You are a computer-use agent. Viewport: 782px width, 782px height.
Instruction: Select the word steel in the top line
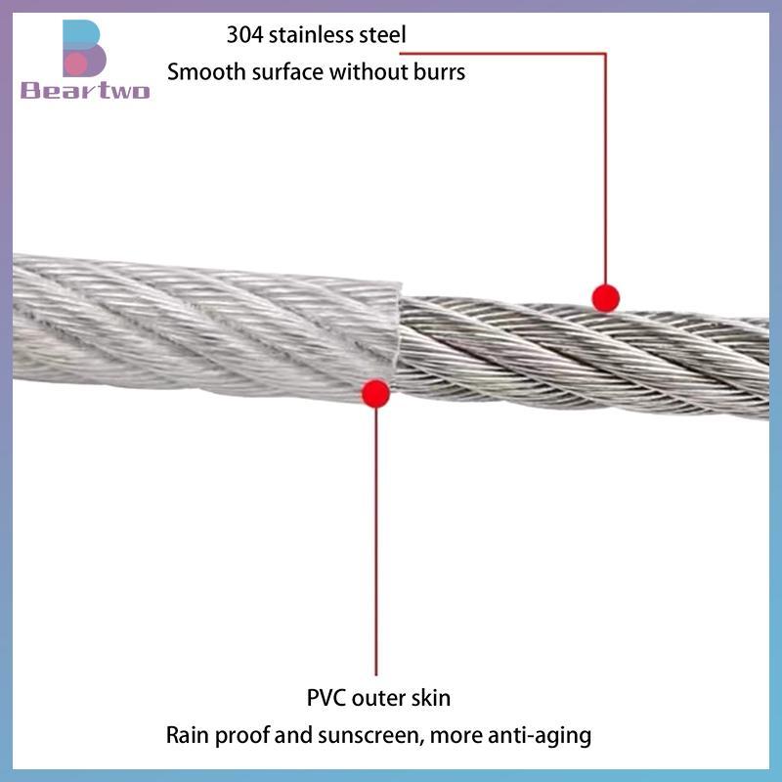coord(380,35)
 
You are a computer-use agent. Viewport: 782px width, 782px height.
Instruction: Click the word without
coord(362,71)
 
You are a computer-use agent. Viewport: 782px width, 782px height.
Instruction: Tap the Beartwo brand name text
coord(85,90)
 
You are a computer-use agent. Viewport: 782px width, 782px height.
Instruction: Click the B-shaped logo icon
coord(84,48)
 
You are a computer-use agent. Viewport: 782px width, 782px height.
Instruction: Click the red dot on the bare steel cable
coord(605,298)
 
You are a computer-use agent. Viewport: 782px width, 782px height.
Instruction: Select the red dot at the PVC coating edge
coord(376,393)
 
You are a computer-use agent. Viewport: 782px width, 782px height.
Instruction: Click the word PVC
coord(326,698)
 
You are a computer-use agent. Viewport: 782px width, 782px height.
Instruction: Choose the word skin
coord(430,698)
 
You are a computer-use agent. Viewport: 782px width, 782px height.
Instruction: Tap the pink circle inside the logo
coord(76,64)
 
